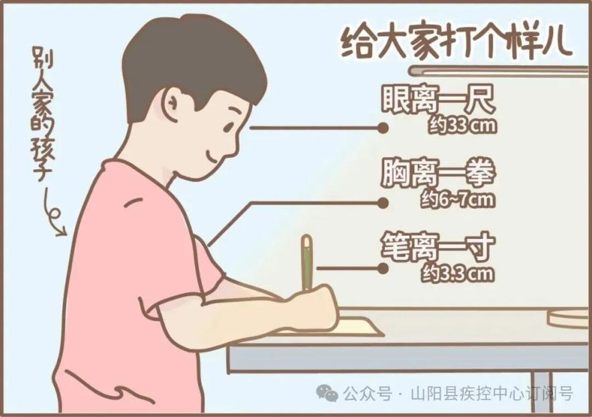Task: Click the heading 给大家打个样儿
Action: [457, 42]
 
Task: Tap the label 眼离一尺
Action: [438, 99]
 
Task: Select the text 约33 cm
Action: [462, 126]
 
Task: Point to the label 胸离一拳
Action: [438, 173]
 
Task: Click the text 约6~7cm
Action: [458, 199]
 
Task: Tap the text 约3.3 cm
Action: [458, 273]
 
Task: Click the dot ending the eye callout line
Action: [383, 128]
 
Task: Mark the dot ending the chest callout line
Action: [383, 203]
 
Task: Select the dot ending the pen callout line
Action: [383, 269]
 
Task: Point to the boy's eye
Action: [229, 127]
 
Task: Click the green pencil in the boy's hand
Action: [307, 263]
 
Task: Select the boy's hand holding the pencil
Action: [312, 307]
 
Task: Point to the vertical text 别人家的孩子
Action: [42, 114]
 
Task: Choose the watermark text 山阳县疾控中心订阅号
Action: [492, 393]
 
